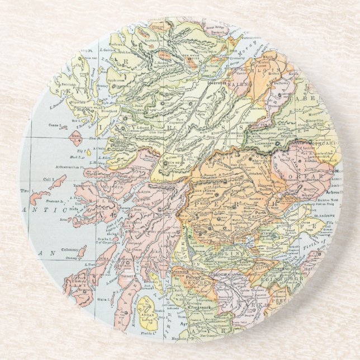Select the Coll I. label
tap(45, 179)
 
